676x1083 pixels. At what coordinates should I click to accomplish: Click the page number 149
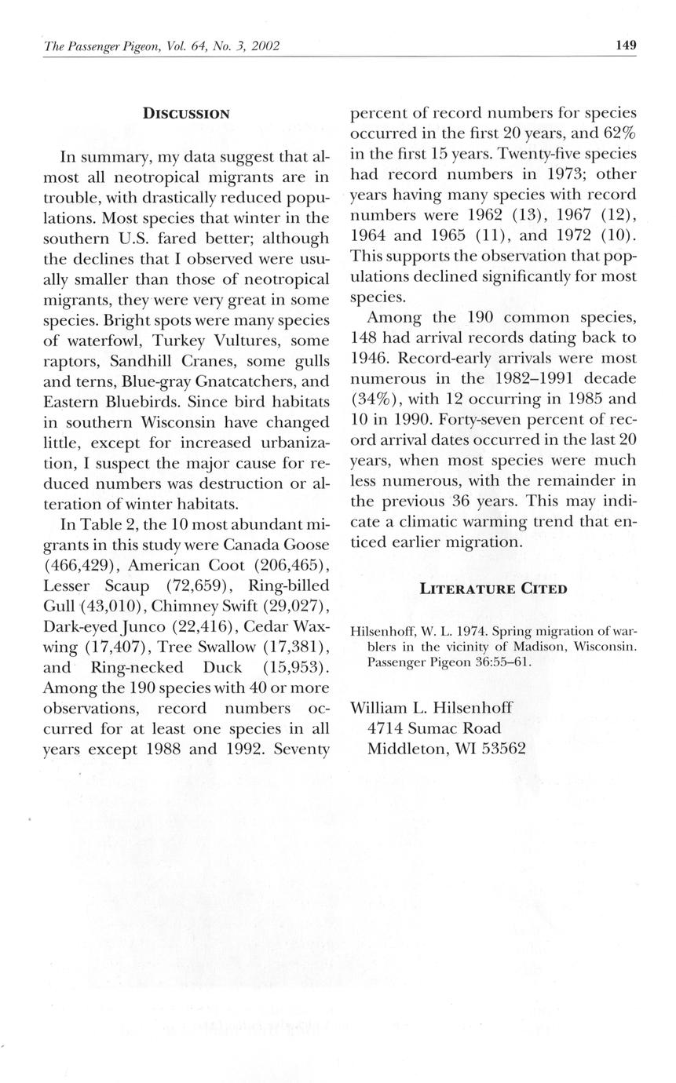[x=626, y=45]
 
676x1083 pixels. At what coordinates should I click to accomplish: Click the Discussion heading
[x=186, y=114]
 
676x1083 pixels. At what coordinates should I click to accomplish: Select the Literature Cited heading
[x=493, y=589]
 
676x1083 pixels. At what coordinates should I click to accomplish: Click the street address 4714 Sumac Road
[x=434, y=728]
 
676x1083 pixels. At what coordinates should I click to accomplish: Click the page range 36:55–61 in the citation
[x=491, y=662]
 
